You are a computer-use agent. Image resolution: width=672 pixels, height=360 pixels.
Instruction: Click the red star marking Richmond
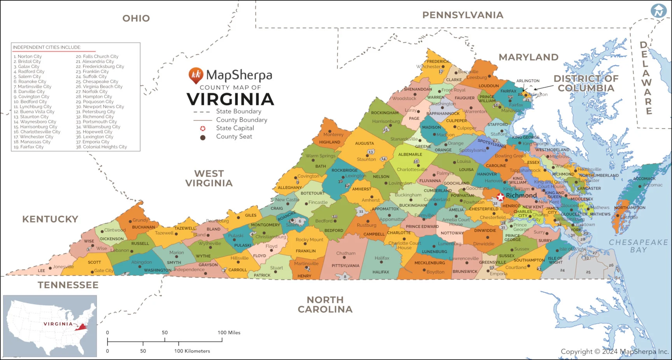[x=500, y=197]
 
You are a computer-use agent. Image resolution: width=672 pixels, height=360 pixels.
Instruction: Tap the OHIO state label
[x=136, y=18]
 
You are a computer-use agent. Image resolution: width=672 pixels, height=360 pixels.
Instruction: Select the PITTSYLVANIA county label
[x=345, y=266]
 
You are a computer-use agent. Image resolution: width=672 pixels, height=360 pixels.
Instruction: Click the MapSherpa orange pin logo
[x=196, y=75]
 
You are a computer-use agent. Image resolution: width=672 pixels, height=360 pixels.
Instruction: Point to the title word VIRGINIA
[x=231, y=99]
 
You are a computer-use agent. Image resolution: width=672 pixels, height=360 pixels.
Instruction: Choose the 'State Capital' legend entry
[x=235, y=128]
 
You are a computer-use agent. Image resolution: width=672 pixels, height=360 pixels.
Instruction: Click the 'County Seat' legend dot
[x=203, y=138]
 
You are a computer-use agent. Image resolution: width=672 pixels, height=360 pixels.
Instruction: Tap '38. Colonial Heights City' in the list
[x=101, y=147]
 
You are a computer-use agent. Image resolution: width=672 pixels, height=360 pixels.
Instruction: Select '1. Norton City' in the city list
[x=28, y=56]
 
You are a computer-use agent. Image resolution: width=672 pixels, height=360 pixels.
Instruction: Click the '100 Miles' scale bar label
[x=229, y=333]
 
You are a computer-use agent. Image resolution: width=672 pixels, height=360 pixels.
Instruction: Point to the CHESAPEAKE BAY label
[x=638, y=246]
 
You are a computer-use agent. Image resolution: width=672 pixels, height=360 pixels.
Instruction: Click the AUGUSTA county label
[x=364, y=143]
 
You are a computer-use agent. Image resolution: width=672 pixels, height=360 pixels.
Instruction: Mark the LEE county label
[x=42, y=271]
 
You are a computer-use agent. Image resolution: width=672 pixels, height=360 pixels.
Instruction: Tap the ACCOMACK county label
[x=644, y=179]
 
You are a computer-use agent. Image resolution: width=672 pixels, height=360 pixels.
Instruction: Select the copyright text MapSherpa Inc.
[x=614, y=351]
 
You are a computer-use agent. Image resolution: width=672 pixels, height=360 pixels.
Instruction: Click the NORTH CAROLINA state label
[x=325, y=304]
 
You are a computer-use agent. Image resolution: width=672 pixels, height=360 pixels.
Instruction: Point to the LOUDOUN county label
[x=488, y=86]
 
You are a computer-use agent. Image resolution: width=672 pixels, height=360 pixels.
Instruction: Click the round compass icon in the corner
[x=659, y=11]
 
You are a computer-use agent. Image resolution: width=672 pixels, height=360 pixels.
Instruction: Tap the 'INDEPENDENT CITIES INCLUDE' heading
[x=47, y=47]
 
